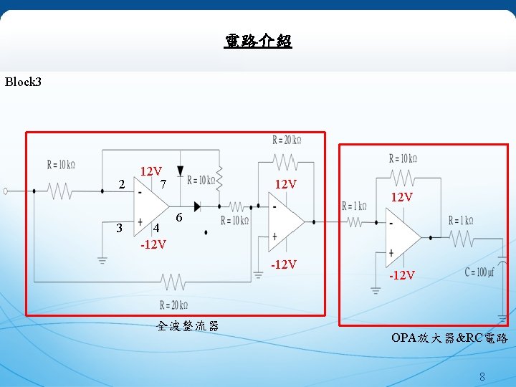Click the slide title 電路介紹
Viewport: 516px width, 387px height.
(258, 41)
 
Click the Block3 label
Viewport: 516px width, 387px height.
(24, 82)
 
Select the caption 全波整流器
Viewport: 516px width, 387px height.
(187, 327)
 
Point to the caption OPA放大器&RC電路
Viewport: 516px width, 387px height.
(449, 338)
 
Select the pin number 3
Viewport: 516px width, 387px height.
(120, 228)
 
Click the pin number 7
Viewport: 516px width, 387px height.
(163, 185)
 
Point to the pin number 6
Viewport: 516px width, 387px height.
(179, 217)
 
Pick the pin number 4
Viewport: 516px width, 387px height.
(156, 229)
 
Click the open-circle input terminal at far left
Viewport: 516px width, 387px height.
(6, 191)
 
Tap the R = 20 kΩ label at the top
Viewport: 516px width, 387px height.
(287, 139)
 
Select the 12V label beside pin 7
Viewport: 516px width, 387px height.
(150, 172)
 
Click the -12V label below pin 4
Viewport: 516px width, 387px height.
(153, 244)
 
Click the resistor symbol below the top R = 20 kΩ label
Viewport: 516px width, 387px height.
(287, 158)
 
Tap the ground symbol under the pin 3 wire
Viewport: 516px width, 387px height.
(102, 259)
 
